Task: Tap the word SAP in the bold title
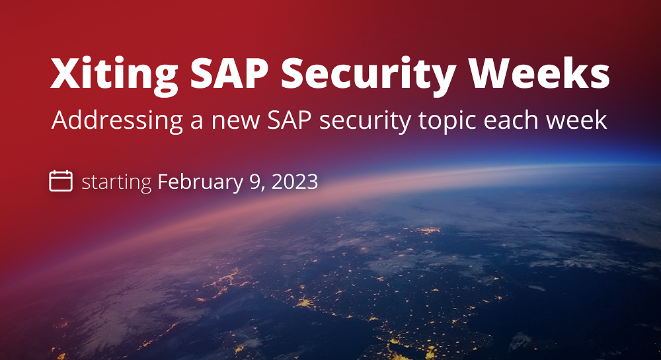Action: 229,73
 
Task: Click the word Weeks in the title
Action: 539,73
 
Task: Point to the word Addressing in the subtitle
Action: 117,121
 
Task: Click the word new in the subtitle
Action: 235,122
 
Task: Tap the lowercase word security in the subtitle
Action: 365,122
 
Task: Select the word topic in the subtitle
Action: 447,121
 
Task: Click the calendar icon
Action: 61,181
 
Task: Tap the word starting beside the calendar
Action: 116,183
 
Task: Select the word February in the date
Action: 200,183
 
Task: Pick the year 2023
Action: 295,182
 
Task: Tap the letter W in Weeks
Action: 492,73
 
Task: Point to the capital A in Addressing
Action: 60,120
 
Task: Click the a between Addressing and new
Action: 197,122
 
